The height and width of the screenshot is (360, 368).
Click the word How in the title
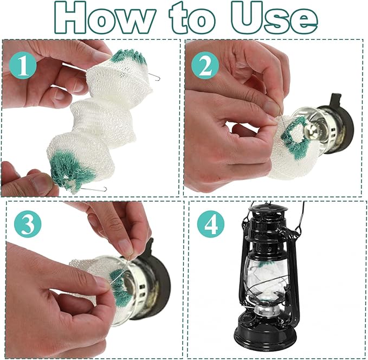tap(105, 17)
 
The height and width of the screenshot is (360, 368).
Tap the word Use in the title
tap(275, 18)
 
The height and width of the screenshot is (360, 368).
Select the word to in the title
tap(192, 19)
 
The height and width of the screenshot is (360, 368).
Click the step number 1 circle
tap(23, 66)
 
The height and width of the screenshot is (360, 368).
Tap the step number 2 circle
tap(205, 65)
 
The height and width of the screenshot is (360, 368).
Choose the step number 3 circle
tap(28, 224)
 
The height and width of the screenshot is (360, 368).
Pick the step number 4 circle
tap(211, 224)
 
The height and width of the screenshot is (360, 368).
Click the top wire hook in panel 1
tap(154, 76)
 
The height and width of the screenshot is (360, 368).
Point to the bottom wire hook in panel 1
tap(94, 189)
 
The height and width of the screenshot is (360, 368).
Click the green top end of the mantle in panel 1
tap(128, 56)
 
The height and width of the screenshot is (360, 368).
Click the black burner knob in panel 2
tap(336, 99)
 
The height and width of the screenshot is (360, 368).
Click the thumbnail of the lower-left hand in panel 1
tap(42, 183)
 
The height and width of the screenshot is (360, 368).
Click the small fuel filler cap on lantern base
tap(246, 319)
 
